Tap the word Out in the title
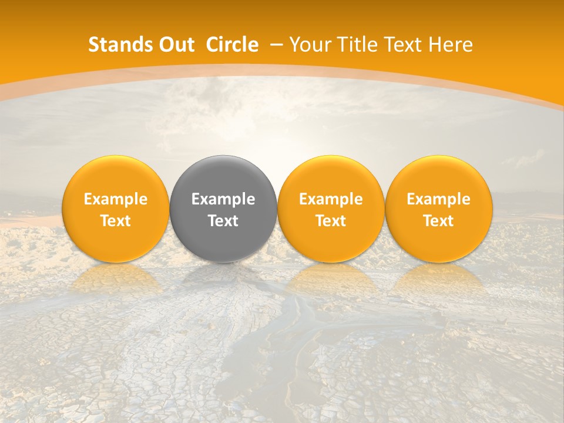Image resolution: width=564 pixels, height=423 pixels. (x=175, y=45)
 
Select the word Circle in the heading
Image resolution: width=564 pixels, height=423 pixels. (x=232, y=45)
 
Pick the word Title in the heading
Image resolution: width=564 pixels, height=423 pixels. (x=358, y=45)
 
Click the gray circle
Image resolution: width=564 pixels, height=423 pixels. (x=223, y=176)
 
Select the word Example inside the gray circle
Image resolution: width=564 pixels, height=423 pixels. (x=223, y=199)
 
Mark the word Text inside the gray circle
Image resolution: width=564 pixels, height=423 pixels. (x=223, y=221)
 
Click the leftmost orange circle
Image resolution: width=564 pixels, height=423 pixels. (x=116, y=176)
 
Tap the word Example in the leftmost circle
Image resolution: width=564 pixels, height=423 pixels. (x=116, y=199)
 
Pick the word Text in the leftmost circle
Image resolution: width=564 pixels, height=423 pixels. (x=116, y=221)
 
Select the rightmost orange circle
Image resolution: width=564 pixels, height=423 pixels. (x=439, y=176)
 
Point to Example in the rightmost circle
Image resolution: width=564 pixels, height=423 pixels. (x=439, y=199)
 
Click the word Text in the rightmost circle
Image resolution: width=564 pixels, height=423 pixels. (x=439, y=221)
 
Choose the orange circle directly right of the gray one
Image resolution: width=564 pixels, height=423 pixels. (x=331, y=176)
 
